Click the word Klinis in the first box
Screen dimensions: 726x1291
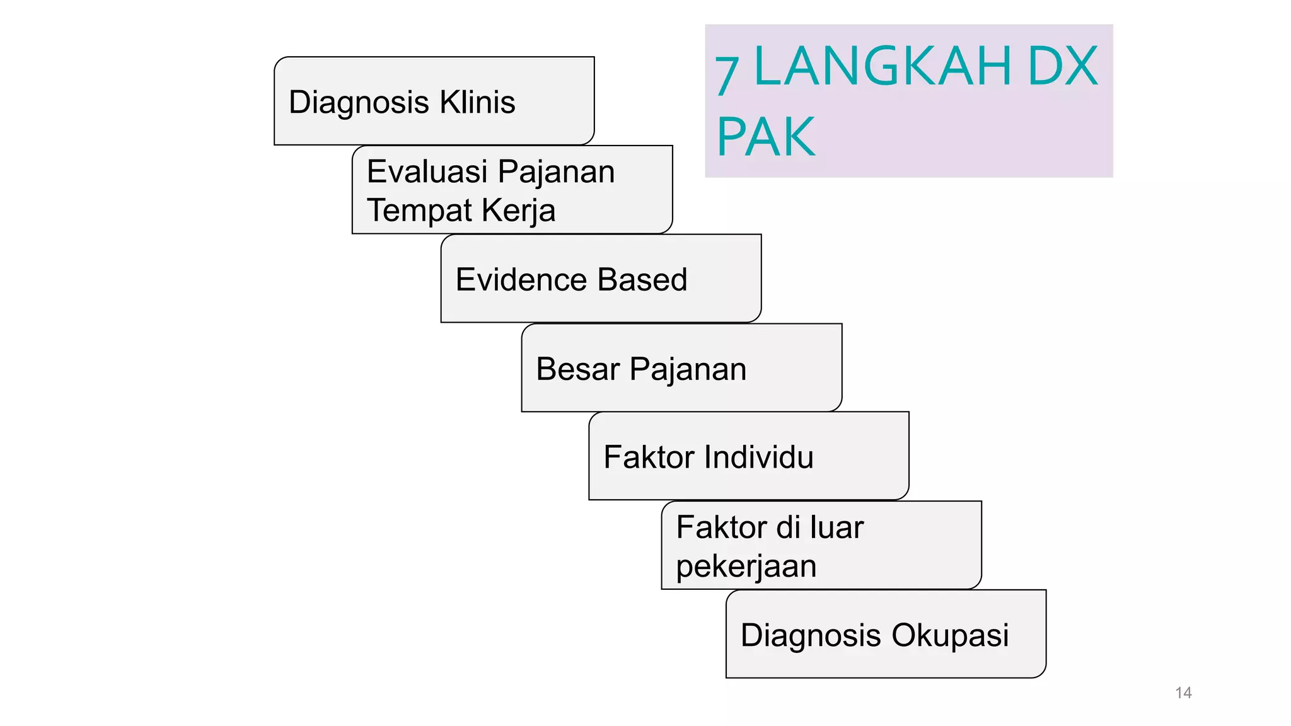[x=477, y=102]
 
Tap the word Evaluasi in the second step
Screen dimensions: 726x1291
[x=427, y=171]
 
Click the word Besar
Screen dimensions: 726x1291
[x=577, y=369]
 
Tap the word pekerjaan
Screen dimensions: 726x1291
[x=746, y=566]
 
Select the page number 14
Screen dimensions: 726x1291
[x=1183, y=693]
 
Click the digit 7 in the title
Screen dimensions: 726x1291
[x=727, y=74]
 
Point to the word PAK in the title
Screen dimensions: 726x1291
[x=766, y=137]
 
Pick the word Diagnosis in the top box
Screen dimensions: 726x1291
[x=359, y=102]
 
